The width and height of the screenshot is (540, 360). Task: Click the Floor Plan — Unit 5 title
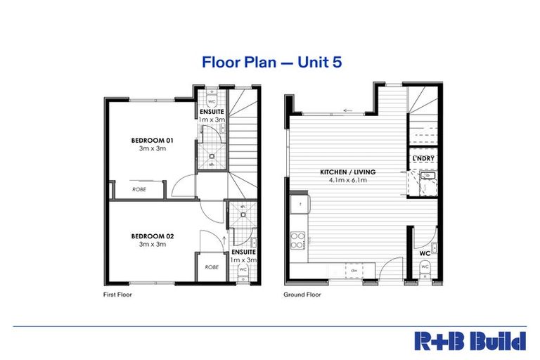click(x=272, y=62)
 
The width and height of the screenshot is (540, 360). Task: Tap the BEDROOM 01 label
click(x=153, y=141)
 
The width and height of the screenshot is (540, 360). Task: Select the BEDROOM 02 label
click(x=153, y=236)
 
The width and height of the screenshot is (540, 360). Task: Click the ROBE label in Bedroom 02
click(x=211, y=267)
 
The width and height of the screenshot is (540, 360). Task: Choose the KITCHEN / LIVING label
click(x=348, y=172)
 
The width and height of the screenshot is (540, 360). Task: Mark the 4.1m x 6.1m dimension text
click(x=348, y=181)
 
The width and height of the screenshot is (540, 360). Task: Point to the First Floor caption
click(x=117, y=295)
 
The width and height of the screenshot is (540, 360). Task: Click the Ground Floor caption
click(x=302, y=295)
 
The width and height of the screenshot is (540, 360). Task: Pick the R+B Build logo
click(x=469, y=341)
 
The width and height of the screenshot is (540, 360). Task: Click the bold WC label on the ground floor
click(x=425, y=252)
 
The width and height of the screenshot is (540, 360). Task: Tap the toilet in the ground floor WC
click(x=425, y=267)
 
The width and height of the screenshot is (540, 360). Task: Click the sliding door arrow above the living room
click(x=347, y=110)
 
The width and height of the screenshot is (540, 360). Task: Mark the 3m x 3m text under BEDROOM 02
click(x=153, y=244)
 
